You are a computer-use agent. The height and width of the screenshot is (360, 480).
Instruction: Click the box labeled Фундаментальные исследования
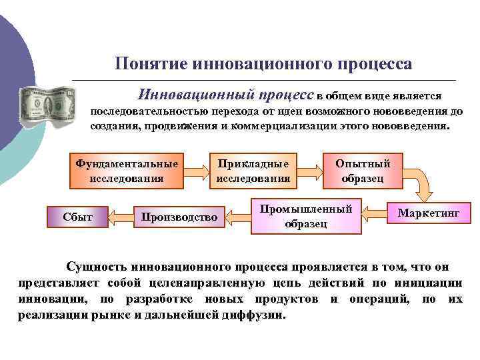(x=127, y=170)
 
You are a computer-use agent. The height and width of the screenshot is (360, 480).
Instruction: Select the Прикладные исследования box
(x=253, y=170)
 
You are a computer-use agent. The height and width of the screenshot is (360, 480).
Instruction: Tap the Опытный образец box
(x=363, y=170)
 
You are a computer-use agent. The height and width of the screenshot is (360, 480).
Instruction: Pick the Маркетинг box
(x=429, y=213)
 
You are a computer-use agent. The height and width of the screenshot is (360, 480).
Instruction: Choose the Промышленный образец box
(x=306, y=216)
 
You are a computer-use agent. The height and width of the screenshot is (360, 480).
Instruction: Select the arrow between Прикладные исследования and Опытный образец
(x=309, y=171)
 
